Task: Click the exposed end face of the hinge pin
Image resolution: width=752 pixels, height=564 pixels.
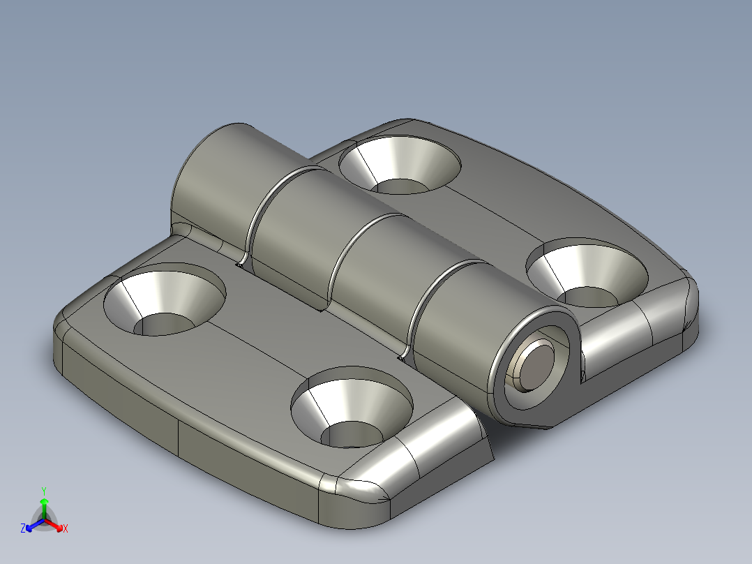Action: click(x=535, y=364)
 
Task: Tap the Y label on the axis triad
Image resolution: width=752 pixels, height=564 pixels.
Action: click(x=44, y=491)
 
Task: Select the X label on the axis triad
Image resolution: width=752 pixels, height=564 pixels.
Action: click(x=65, y=528)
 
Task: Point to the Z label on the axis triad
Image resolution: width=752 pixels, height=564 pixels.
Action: click(x=23, y=529)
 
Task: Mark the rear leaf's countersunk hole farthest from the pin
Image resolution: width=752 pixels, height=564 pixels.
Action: click(x=400, y=164)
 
